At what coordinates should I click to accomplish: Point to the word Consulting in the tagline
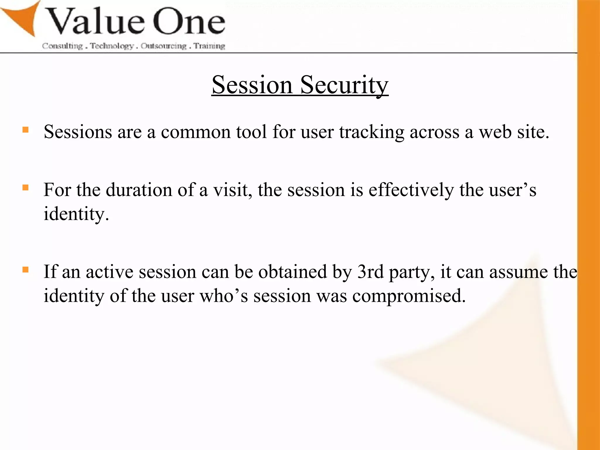pyautogui.click(x=62, y=46)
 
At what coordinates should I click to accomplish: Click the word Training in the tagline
pyautogui.click(x=209, y=46)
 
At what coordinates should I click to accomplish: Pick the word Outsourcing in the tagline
pyautogui.click(x=163, y=46)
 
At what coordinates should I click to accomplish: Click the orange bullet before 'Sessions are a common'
pyautogui.click(x=25, y=129)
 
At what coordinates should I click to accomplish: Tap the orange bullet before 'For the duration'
pyautogui.click(x=25, y=187)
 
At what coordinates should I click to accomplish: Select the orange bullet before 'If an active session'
pyautogui.click(x=25, y=270)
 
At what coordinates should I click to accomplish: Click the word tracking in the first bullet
pyautogui.click(x=371, y=132)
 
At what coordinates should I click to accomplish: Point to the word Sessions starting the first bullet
pyautogui.click(x=78, y=132)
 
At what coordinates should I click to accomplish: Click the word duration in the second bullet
pyautogui.click(x=139, y=190)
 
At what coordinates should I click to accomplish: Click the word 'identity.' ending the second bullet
pyautogui.click(x=76, y=214)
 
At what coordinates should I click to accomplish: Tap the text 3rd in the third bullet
pyautogui.click(x=370, y=272)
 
